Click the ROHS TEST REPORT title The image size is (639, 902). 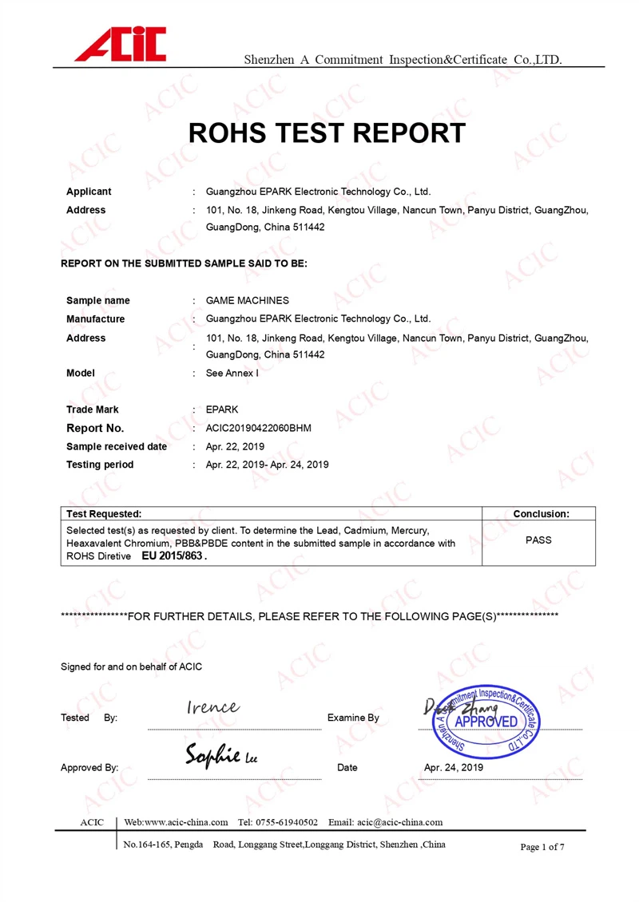(x=327, y=133)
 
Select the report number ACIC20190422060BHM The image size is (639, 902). (x=258, y=429)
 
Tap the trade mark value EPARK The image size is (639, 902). (x=222, y=409)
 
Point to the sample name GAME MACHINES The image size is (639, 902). (x=247, y=301)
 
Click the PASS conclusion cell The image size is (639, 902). (x=538, y=540)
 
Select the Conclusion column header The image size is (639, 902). (x=541, y=514)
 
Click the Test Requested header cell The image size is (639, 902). (x=104, y=514)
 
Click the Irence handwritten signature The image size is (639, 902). (x=212, y=707)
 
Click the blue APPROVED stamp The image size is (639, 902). (x=486, y=722)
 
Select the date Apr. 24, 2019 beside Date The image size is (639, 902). (x=454, y=768)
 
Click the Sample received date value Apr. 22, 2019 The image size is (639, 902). (x=235, y=447)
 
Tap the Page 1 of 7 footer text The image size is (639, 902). (x=542, y=847)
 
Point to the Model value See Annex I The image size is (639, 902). (x=232, y=373)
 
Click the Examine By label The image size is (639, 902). (x=353, y=718)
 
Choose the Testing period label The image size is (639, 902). (x=100, y=465)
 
